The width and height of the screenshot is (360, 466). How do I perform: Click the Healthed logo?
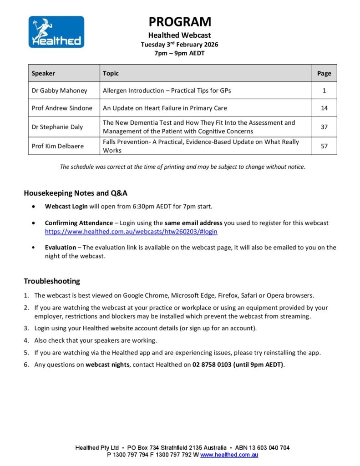56,32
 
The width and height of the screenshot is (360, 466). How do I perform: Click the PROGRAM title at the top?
180,22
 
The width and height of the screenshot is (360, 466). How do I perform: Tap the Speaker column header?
43,73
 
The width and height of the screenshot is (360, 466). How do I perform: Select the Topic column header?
111,73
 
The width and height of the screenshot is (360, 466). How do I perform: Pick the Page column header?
324,73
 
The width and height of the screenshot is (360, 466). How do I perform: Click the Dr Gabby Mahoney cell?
59,91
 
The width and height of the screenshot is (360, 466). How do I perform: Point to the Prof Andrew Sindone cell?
62,108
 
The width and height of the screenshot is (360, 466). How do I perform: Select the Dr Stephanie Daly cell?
57,127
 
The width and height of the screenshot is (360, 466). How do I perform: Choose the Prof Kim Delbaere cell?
58,146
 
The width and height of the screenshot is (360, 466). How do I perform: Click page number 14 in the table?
324,108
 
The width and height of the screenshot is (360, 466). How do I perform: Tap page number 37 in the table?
324,127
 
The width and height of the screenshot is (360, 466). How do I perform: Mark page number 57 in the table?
324,146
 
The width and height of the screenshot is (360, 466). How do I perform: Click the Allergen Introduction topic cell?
167,91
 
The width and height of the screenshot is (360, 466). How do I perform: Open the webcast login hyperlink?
131,232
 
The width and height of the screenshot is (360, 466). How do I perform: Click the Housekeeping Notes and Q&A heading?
76,193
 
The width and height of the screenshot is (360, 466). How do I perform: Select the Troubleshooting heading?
52,281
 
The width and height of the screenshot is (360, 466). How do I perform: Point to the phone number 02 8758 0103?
212,365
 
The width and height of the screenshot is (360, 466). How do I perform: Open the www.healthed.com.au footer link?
229,455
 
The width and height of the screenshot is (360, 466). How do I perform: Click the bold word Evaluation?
61,248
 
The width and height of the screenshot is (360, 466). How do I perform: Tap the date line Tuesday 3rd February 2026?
179,45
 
